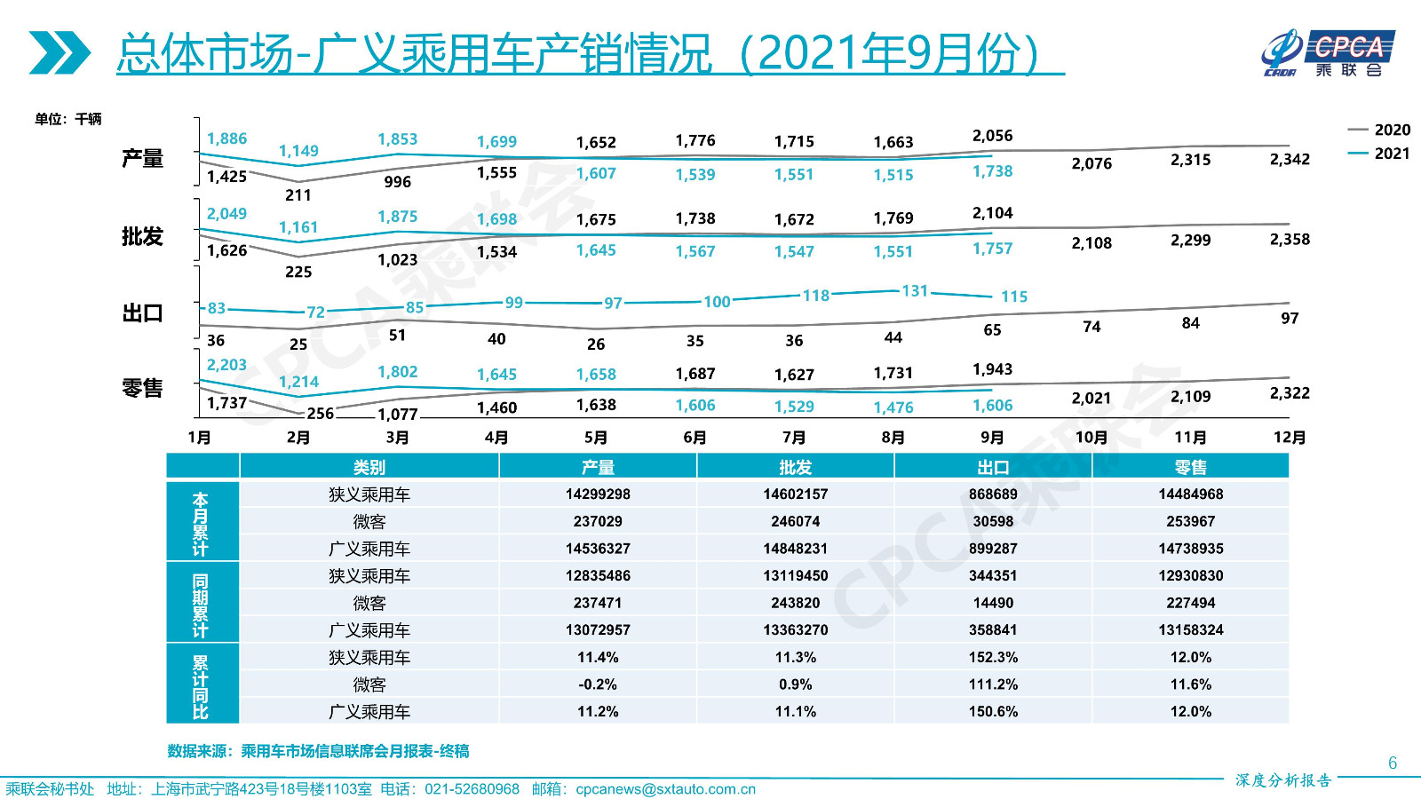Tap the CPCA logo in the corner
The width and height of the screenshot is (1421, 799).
tap(1329, 52)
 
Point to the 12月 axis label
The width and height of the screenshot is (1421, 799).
tap(1290, 438)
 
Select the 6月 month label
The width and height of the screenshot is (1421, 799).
tap(695, 438)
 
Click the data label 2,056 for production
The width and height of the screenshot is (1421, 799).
tap(992, 136)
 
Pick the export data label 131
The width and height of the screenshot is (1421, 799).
tap(915, 291)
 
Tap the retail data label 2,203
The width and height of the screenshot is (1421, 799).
tap(226, 365)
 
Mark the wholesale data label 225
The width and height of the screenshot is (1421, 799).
tap(298, 272)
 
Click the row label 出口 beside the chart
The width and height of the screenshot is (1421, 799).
tap(142, 313)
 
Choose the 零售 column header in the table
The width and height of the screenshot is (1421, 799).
tap(1190, 467)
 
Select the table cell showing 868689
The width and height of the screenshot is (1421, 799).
tap(993, 494)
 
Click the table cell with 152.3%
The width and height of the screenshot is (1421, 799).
tap(993, 658)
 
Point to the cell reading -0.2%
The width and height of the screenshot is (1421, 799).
tap(598, 684)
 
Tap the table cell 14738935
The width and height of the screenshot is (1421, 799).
tap(1190, 549)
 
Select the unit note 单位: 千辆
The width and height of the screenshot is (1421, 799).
tap(68, 119)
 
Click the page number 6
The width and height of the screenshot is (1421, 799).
tap(1393, 763)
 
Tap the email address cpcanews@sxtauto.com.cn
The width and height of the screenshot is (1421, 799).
tap(665, 789)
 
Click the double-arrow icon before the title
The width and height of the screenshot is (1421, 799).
tap(59, 52)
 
